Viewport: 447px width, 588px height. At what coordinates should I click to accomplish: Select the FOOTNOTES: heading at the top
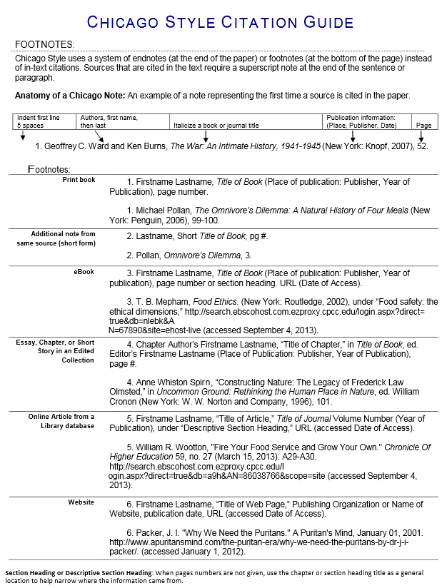tap(44, 44)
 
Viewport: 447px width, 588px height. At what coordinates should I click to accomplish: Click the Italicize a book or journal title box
tap(216, 125)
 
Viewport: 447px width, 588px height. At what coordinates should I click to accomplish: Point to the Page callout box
tap(423, 125)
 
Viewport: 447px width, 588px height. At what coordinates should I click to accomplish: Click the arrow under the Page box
tap(422, 136)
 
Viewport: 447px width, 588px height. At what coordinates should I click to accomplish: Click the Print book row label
tap(79, 181)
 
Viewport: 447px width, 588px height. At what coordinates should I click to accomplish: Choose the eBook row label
tap(84, 272)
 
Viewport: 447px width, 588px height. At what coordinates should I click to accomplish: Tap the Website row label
tap(81, 502)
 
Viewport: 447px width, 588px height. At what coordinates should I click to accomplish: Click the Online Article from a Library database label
tap(61, 421)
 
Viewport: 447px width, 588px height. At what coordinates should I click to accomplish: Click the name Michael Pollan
tap(163, 211)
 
